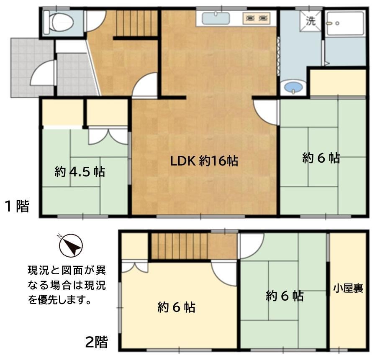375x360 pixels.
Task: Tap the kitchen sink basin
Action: pos(216,18)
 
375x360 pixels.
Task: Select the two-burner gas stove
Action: pos(257,18)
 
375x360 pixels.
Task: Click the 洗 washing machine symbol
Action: pos(311,21)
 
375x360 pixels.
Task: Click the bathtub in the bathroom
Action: pos(346,24)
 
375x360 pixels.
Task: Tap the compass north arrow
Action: pos(71,245)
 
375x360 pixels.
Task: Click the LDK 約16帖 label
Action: pos(204,161)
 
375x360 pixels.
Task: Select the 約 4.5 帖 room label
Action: pos(80,171)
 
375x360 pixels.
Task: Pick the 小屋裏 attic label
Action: pos(348,288)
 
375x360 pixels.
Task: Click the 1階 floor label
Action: pos(17,206)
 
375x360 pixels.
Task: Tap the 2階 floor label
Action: pos(97,342)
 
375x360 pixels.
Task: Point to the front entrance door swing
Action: pos(43,73)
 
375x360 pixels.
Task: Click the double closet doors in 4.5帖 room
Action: pos(108,137)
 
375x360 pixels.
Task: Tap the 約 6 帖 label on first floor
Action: pos(321,158)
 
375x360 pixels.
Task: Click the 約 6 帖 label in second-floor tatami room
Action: pos(285,296)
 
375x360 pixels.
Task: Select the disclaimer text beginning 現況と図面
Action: pos(67,285)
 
